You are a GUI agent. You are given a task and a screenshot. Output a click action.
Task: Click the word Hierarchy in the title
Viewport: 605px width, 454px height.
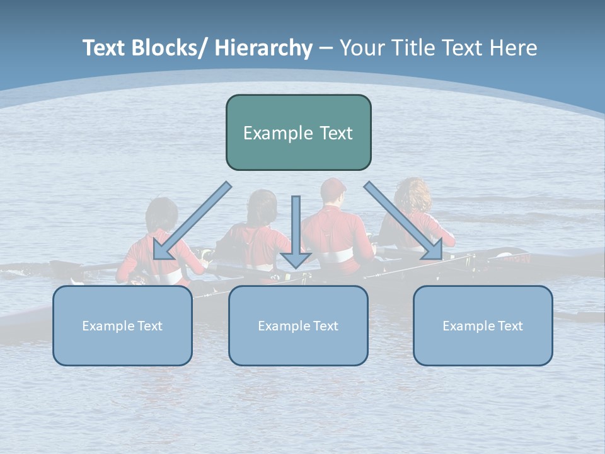pyautogui.click(x=263, y=48)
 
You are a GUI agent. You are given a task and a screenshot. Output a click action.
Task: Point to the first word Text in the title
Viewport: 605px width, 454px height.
pyautogui.click(x=105, y=48)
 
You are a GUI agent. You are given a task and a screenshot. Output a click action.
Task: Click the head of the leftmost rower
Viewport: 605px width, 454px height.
pyautogui.click(x=161, y=214)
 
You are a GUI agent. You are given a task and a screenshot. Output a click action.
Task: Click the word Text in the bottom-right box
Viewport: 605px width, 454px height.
pyautogui.click(x=510, y=326)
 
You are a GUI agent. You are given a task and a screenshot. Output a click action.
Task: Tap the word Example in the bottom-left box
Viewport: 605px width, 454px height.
pyautogui.click(x=105, y=326)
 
